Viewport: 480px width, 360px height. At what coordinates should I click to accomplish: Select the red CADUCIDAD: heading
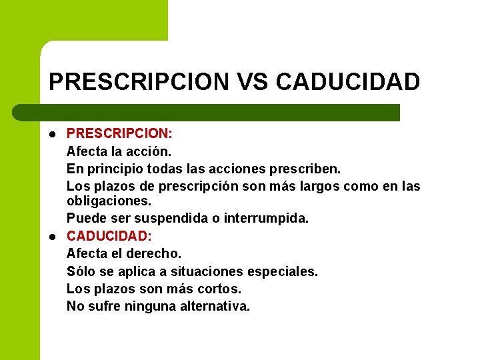[x=109, y=235]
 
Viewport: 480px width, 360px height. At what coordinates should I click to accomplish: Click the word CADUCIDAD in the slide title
[x=347, y=82]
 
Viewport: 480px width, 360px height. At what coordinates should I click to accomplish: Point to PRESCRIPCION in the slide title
[x=139, y=82]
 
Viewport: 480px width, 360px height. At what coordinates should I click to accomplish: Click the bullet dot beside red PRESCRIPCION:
[x=52, y=133]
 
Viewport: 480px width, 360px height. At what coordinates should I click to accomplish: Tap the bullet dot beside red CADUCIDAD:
[x=52, y=236]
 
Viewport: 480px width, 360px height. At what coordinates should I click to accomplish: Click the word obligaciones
[x=109, y=200]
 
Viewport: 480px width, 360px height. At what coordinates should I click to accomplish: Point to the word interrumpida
[x=267, y=218]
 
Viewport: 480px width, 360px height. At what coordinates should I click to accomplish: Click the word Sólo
[x=80, y=271]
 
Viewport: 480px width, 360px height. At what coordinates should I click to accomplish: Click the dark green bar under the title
[x=220, y=113]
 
